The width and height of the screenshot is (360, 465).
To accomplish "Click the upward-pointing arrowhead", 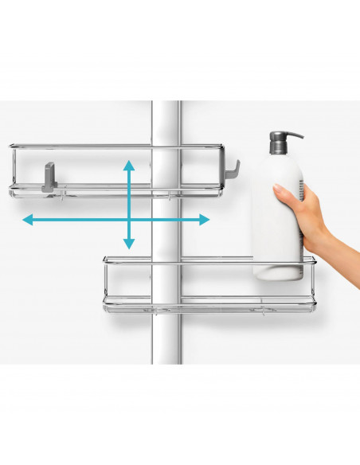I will pos(128,165).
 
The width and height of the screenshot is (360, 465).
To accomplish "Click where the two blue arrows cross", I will pos(128,219).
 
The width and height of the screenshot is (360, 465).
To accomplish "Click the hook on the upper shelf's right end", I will pos(233,168).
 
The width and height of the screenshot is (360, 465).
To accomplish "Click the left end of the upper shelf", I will pos(13,170).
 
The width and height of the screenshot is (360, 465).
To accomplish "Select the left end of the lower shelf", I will pos(106,283).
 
